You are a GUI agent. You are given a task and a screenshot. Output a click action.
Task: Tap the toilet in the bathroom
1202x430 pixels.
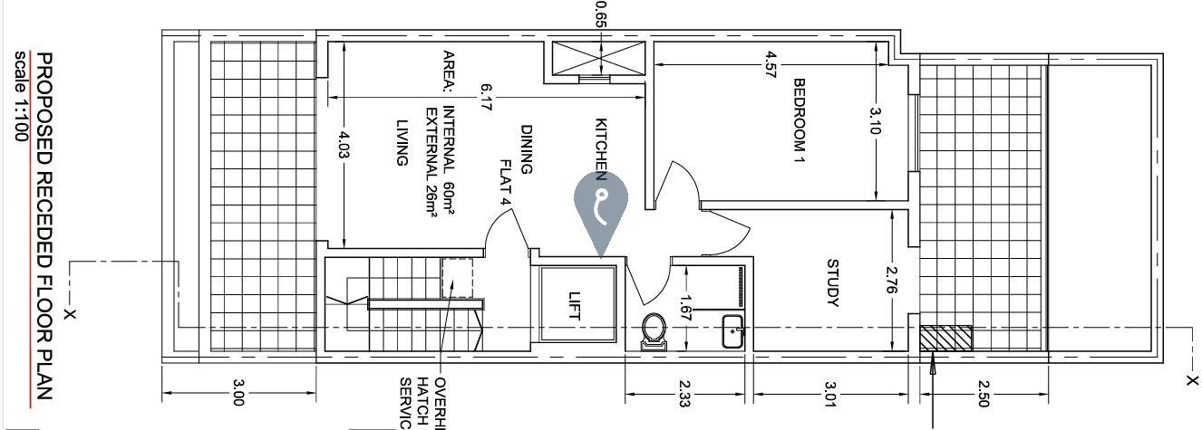(x=654, y=330)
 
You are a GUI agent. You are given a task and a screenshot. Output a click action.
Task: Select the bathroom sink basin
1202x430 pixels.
(x=732, y=333)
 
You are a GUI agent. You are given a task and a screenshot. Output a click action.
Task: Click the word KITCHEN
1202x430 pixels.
(x=600, y=145)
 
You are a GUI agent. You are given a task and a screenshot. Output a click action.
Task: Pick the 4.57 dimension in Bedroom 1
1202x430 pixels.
(x=771, y=69)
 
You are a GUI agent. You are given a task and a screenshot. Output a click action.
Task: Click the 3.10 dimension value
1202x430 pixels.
(x=875, y=121)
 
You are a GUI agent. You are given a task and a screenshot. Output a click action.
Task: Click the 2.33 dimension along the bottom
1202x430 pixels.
(x=688, y=396)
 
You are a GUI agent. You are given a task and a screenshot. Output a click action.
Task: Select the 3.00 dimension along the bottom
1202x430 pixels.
(x=238, y=396)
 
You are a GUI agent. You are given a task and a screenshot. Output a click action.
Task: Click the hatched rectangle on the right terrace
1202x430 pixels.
(x=945, y=339)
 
